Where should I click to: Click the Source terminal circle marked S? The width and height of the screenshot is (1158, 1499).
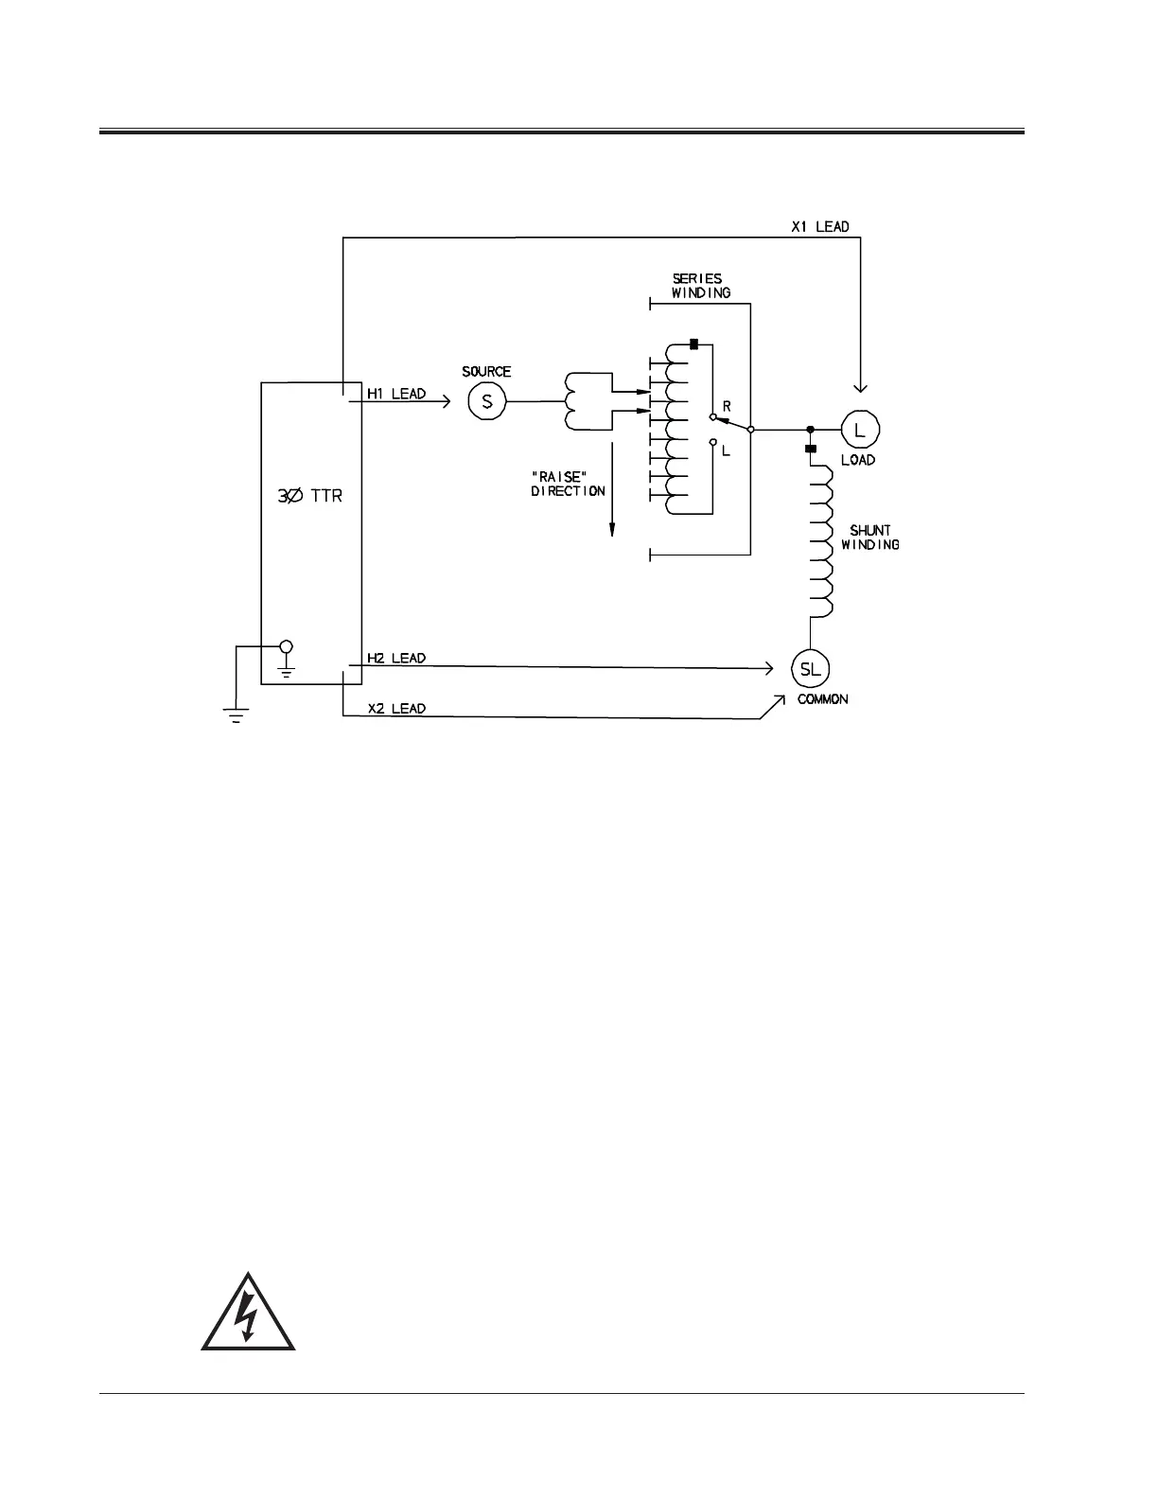click(x=487, y=401)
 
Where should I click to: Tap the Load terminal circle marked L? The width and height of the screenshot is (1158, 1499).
click(x=859, y=430)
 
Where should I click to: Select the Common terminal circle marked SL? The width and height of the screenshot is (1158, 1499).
click(x=811, y=669)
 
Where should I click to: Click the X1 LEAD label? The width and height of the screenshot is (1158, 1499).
click(x=819, y=227)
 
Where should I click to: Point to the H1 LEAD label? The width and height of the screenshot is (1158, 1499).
click(x=396, y=394)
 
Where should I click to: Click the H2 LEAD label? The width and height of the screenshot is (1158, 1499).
click(x=396, y=658)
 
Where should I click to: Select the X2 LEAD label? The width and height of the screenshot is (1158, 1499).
click(x=396, y=708)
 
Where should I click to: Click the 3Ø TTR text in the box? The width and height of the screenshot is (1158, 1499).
click(x=309, y=495)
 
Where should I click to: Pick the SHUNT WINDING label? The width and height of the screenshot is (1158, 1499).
click(x=869, y=538)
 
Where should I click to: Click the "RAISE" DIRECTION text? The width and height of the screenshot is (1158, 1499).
click(x=568, y=484)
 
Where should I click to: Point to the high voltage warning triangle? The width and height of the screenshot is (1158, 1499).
click(x=248, y=1313)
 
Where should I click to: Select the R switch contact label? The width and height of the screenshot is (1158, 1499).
click(x=727, y=406)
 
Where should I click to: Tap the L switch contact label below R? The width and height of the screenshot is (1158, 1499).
click(x=726, y=451)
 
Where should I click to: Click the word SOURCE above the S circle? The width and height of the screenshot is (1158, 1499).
click(x=486, y=372)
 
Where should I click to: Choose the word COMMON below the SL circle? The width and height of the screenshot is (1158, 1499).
click(x=822, y=699)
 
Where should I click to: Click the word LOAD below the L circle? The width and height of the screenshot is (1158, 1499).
click(x=858, y=460)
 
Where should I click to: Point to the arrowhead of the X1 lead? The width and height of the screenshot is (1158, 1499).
click(x=860, y=387)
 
